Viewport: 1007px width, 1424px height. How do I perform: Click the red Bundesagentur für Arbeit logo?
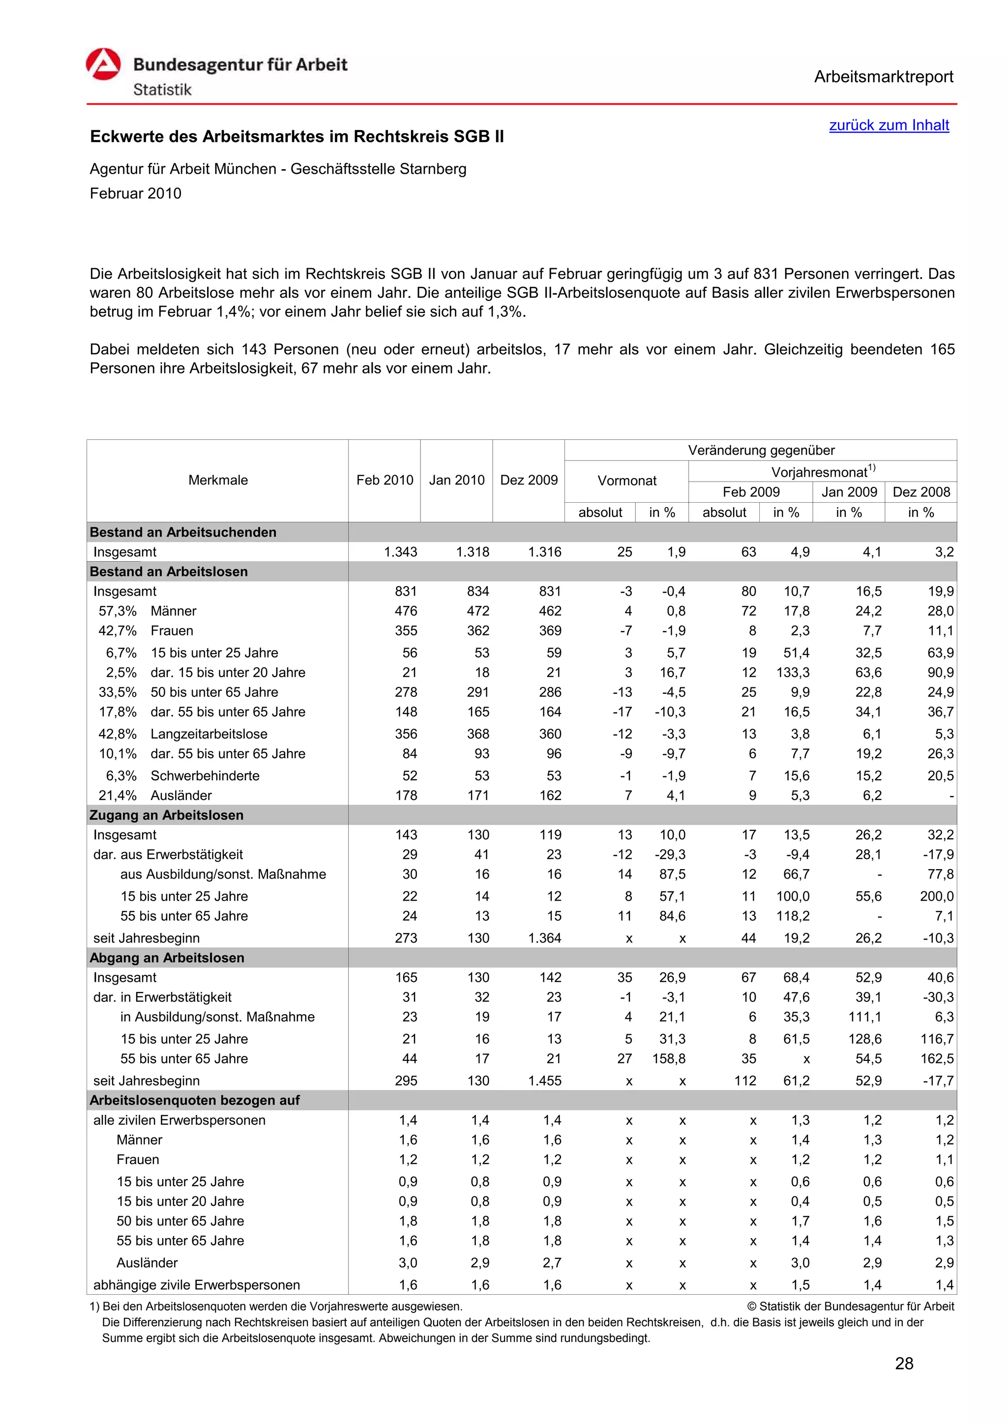click(103, 64)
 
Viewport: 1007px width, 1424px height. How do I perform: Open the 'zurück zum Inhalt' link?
click(889, 125)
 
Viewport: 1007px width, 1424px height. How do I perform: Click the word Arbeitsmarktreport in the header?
click(883, 77)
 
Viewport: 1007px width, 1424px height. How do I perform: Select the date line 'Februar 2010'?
click(135, 194)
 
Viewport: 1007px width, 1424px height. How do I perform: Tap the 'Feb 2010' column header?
click(384, 480)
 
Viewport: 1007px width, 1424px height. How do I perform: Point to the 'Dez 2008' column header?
click(921, 492)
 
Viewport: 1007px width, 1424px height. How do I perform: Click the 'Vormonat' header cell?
click(626, 481)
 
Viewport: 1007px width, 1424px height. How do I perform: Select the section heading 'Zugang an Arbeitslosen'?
click(166, 815)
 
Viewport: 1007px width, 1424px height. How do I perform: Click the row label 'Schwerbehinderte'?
click(205, 775)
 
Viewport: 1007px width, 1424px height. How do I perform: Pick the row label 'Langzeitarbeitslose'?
click(208, 734)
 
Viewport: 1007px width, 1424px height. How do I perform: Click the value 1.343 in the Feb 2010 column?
click(400, 552)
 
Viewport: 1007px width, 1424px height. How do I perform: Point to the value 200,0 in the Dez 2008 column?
click(936, 896)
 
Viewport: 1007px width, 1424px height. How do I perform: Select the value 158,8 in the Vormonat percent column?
click(668, 1059)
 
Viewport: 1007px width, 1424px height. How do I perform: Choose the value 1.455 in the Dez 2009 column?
click(544, 1081)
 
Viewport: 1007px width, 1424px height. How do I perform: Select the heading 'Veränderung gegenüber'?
click(761, 450)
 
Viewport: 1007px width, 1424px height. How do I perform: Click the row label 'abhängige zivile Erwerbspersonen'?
click(196, 1284)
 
